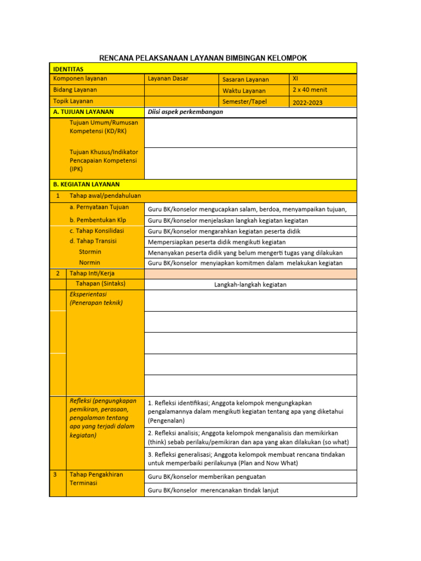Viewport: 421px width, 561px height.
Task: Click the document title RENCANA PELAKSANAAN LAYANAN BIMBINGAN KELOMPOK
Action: click(x=203, y=58)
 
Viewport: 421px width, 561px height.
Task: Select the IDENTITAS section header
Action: click(x=68, y=70)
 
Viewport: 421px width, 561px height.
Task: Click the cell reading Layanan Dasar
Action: click(x=168, y=79)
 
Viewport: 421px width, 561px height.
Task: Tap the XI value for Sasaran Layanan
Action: click(x=295, y=79)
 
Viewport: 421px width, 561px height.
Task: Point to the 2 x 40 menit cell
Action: click(x=310, y=90)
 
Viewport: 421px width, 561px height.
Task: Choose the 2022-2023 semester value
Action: click(x=308, y=102)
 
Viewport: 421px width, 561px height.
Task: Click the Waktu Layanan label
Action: click(x=244, y=91)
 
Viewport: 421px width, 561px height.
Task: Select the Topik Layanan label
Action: click(x=73, y=101)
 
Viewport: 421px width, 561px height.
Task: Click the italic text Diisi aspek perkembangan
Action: click(x=185, y=112)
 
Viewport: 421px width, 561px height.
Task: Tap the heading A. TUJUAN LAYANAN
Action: click(x=83, y=112)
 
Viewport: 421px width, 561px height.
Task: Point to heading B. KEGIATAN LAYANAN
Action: click(x=86, y=185)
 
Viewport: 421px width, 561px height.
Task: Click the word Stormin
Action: click(x=90, y=252)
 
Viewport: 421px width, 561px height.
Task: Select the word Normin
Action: click(x=89, y=262)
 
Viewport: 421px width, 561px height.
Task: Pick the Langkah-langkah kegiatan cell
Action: click(x=250, y=284)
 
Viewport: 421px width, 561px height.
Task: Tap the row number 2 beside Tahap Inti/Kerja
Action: click(x=57, y=273)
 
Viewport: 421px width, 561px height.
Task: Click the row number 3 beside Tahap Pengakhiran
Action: click(x=56, y=474)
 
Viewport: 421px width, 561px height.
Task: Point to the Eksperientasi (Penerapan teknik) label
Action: click(x=96, y=299)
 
